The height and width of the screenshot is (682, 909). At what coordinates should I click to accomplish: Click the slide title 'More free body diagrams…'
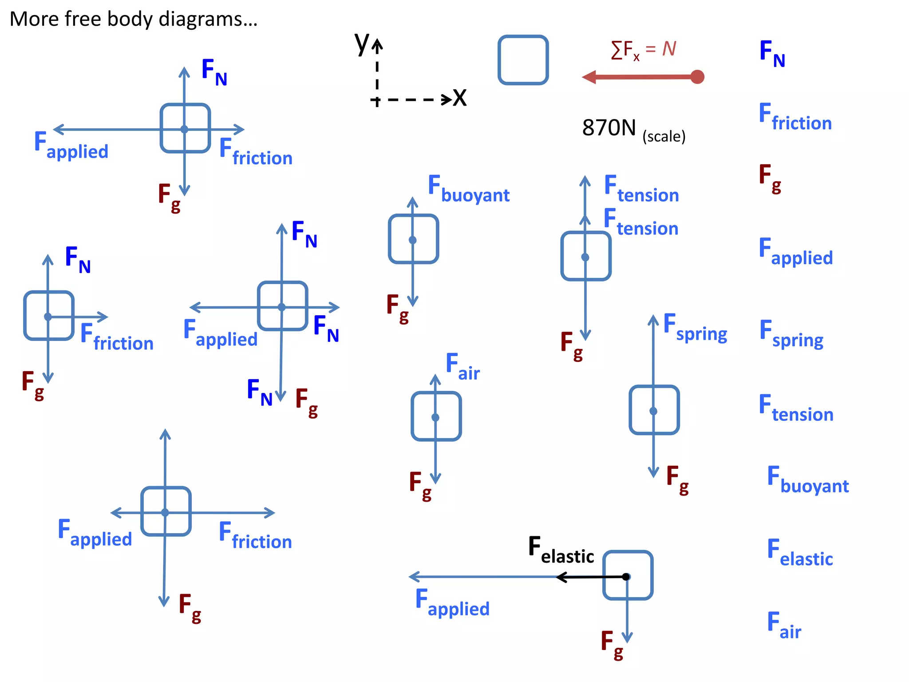pos(133,20)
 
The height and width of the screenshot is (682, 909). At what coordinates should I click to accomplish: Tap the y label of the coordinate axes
pos(361,44)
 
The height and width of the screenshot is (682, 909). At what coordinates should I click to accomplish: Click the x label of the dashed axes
pos(460,98)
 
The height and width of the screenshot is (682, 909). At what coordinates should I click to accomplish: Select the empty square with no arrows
pos(523,60)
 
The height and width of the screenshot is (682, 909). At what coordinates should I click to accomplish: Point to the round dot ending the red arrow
pos(697,77)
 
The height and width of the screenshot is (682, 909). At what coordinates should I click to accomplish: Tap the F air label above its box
pos(462,367)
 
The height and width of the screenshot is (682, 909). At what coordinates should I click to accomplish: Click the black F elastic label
pos(561,551)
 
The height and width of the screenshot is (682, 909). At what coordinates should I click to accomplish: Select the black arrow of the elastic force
pos(590,577)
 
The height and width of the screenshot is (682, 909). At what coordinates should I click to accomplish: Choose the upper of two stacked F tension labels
pos(641,190)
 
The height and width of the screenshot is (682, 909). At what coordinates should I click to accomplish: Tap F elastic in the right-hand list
pos(800,553)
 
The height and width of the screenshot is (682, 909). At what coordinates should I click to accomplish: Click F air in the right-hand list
pos(784,626)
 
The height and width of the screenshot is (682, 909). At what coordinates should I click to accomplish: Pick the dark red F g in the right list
pos(770,178)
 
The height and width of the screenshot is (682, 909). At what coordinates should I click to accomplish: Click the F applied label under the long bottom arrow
pos(452,603)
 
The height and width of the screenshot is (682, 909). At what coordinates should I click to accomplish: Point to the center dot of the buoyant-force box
pos(412,240)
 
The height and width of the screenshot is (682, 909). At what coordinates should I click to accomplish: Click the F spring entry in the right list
pos(791,335)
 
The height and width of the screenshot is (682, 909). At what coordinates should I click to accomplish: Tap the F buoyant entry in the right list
pos(807,480)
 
